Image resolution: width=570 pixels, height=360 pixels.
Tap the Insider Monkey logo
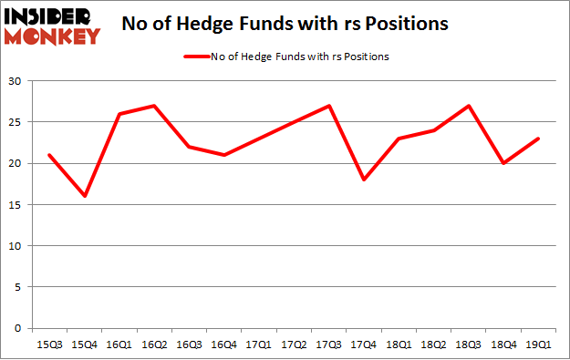[51, 25]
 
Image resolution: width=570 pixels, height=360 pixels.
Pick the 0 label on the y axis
[19, 328]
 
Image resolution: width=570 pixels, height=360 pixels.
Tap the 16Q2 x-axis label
[153, 345]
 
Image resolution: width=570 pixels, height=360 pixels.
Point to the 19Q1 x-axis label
[539, 345]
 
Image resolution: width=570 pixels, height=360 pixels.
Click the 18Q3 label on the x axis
[469, 345]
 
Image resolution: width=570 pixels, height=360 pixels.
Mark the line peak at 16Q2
[153, 106]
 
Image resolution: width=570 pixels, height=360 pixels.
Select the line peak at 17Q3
[328, 106]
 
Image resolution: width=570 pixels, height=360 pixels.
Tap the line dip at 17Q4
[363, 180]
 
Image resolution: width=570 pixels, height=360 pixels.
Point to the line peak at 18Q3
[469, 106]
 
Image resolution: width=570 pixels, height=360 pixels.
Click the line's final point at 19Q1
[539, 139]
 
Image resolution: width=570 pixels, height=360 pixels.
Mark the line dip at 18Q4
[503, 163]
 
